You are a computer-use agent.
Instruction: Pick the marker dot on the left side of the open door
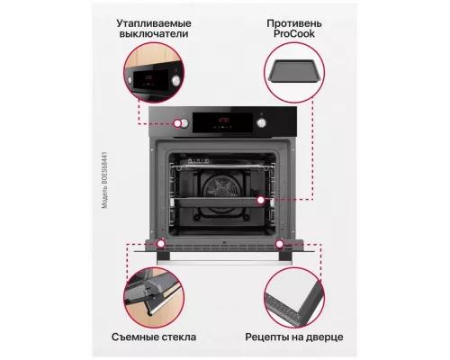[161, 243]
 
